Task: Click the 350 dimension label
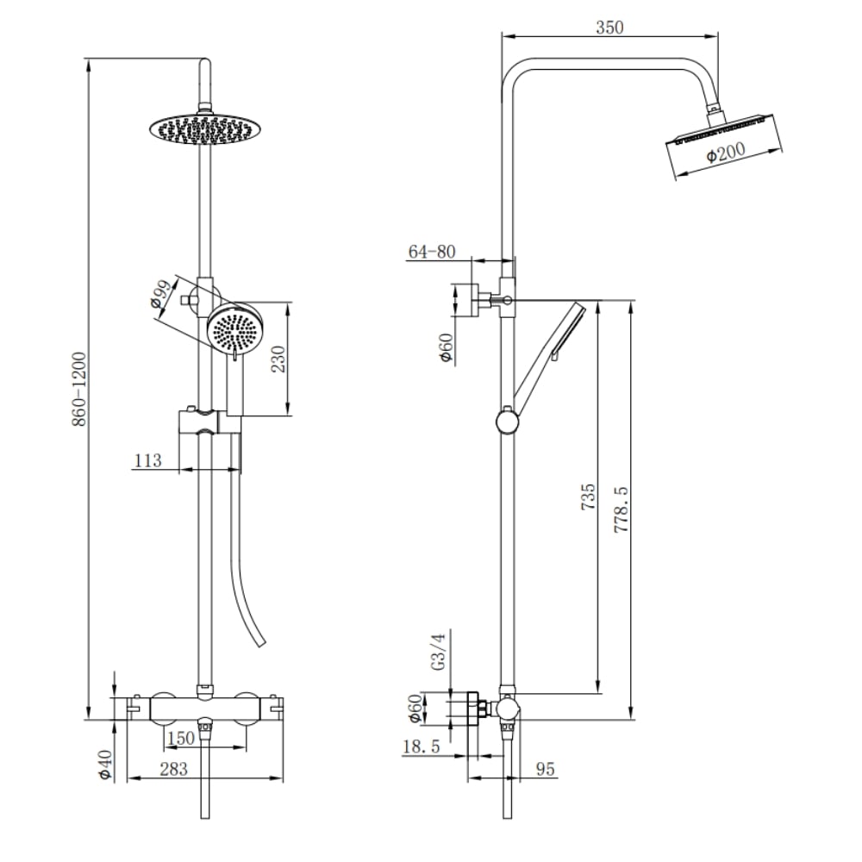point(609,28)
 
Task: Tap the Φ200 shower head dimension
point(726,152)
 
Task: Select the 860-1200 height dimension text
point(79,390)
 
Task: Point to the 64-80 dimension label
point(432,252)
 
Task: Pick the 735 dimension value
point(588,497)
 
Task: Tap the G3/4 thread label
point(438,652)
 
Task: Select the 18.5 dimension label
point(422,746)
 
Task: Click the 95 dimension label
point(545,769)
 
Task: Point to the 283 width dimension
point(174,769)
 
